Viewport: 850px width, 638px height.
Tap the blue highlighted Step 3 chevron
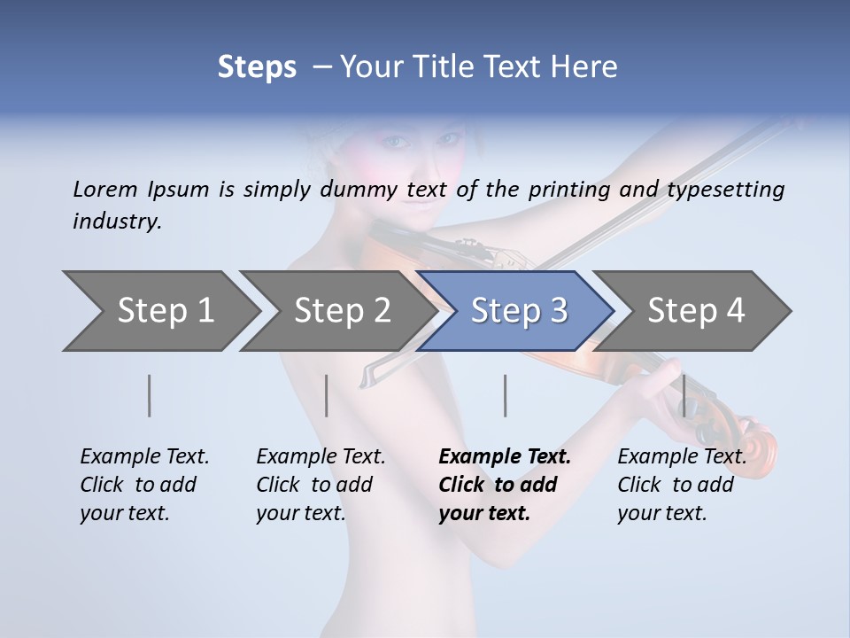[519, 311]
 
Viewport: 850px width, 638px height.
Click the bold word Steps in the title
[257, 67]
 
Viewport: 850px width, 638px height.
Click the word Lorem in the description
[104, 189]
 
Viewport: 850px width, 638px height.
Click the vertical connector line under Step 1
[150, 395]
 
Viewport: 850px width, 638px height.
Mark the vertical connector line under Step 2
[327, 395]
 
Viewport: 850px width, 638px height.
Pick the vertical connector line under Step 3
[505, 395]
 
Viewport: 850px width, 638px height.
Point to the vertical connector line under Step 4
[684, 395]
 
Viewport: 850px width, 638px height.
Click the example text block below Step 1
[144, 485]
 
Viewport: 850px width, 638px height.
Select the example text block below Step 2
[321, 485]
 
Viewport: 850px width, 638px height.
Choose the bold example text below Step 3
[505, 485]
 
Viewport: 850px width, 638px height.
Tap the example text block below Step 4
[682, 485]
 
